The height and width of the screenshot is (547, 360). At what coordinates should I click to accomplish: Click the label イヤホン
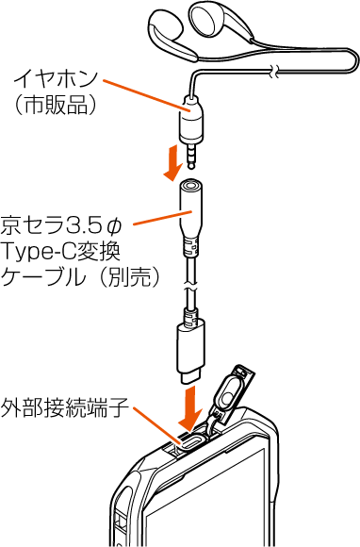tap(55, 79)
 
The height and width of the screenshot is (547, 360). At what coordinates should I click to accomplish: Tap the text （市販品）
tap(54, 105)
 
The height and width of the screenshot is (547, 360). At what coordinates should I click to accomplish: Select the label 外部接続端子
tap(65, 408)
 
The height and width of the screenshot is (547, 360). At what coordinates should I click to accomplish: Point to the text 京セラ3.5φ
tap(61, 225)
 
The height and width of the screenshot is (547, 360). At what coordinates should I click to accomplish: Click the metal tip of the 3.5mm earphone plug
tap(191, 157)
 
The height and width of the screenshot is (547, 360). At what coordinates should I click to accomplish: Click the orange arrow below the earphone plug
tap(172, 162)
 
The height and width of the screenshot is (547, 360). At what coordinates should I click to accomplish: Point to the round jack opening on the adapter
tap(191, 184)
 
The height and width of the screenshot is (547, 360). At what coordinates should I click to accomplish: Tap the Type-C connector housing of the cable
tap(190, 348)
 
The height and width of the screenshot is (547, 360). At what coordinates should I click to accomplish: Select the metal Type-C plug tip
tap(190, 378)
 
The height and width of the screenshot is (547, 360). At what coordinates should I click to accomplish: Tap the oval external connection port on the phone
tap(191, 441)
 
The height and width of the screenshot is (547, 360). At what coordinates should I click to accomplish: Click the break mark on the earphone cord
tap(274, 71)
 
